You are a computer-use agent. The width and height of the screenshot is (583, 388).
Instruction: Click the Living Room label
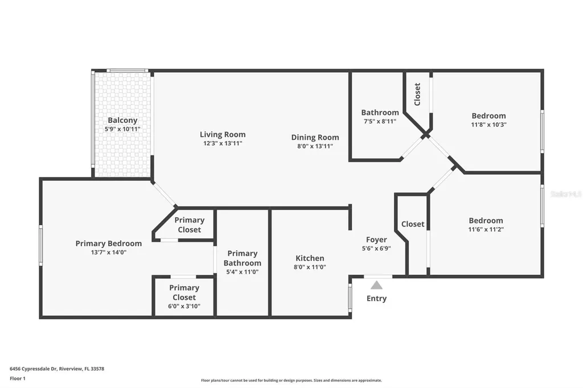click(x=223, y=135)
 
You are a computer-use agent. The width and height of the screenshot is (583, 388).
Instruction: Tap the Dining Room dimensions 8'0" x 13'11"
click(x=315, y=146)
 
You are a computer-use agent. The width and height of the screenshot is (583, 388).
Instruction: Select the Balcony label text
click(x=122, y=121)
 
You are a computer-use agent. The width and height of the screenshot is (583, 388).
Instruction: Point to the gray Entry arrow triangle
click(x=376, y=285)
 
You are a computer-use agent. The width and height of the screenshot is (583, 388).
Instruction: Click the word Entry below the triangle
click(x=376, y=298)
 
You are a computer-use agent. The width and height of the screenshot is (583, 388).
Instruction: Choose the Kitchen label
click(x=310, y=258)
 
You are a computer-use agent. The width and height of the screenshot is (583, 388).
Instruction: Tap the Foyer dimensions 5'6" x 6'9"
click(x=376, y=249)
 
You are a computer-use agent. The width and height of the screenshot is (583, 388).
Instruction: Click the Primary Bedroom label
click(x=109, y=243)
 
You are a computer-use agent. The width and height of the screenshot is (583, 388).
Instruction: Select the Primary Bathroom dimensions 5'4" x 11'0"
click(x=243, y=272)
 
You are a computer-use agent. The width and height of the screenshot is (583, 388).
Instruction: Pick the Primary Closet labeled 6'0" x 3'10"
click(x=184, y=292)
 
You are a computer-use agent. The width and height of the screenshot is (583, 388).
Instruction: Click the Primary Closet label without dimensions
click(x=189, y=225)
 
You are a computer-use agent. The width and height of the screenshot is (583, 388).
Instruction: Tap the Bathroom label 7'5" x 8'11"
click(x=380, y=113)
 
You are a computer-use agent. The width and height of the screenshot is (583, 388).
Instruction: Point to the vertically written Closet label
click(x=417, y=94)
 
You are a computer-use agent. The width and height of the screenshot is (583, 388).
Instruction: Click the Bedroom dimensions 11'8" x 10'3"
click(x=488, y=125)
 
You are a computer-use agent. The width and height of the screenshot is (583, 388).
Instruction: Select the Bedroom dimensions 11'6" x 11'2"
click(x=486, y=229)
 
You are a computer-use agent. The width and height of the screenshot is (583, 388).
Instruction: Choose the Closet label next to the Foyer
click(x=413, y=224)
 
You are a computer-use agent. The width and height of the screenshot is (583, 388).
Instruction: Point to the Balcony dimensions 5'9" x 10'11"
click(x=122, y=129)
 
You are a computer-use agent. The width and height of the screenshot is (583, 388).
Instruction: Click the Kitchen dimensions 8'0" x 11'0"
click(x=310, y=267)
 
